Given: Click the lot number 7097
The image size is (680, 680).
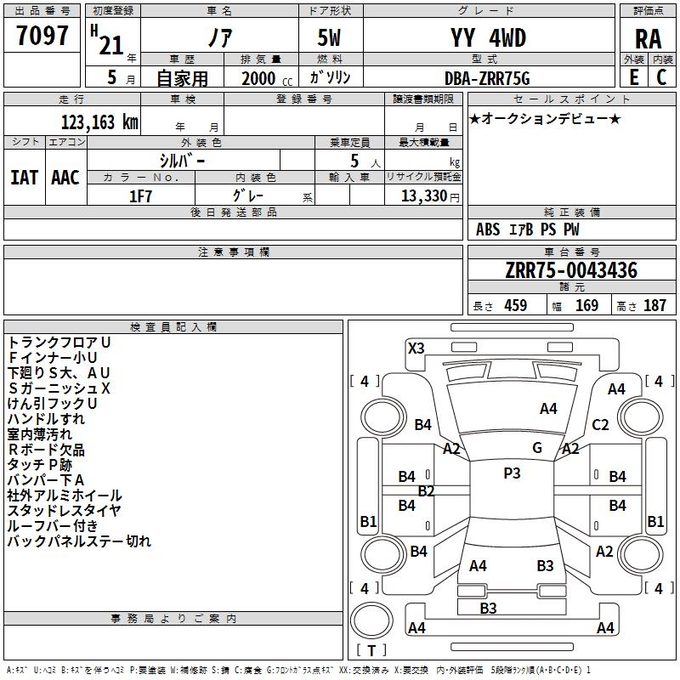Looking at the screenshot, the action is tap(42, 36).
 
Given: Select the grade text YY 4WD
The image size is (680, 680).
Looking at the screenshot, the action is tap(488, 37).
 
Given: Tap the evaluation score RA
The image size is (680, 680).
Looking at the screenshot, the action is tap(648, 39).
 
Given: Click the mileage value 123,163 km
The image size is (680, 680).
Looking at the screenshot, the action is tap(99, 122).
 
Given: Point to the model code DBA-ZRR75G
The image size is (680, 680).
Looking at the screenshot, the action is tap(487, 78).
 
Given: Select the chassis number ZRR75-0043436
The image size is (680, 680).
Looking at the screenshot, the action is tap(571, 270).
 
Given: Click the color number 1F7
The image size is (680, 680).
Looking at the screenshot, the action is tap(140, 196).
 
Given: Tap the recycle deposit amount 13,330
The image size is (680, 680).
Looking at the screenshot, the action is tap(423, 196).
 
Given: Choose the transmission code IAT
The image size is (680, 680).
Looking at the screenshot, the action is tap(25, 178).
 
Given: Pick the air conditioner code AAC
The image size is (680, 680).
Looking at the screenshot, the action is tap(65, 178).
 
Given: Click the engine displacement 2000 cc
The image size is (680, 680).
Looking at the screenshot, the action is tap(267, 78).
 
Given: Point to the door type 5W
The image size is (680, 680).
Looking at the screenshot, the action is tap(329, 37).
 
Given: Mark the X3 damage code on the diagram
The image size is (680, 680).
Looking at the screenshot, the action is tap(416, 348).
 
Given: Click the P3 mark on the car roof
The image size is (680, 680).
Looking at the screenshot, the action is tap(512, 473).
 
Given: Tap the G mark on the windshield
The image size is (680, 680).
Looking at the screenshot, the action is tap(537, 448).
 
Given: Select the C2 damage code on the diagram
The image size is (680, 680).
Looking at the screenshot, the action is tap(600, 424).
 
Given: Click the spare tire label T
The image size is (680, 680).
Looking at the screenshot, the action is tap(371, 650).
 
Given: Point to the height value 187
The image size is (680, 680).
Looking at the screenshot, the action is tap(654, 305).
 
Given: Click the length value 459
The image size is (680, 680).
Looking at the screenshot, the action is tap(516, 305).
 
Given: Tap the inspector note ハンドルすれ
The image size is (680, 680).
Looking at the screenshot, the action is tap(46, 419).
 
